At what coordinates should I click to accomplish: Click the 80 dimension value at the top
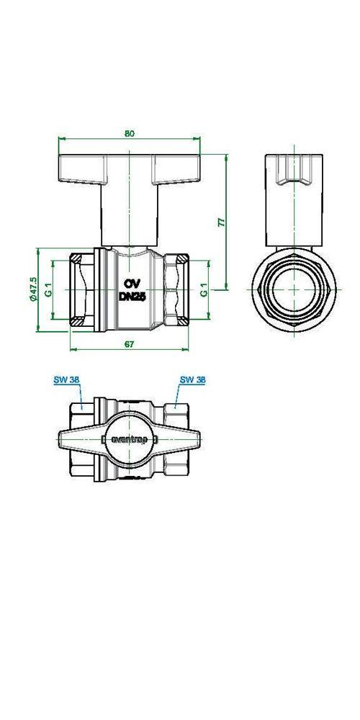pyautogui.click(x=130, y=134)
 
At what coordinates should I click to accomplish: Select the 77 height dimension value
pyautogui.click(x=221, y=222)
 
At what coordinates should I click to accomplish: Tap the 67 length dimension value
pyautogui.click(x=130, y=344)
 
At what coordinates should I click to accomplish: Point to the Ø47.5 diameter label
pyautogui.click(x=32, y=289)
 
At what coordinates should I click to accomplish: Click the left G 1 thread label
pyautogui.click(x=48, y=289)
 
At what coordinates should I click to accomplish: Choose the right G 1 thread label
pyautogui.click(x=204, y=289)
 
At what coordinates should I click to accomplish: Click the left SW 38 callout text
pyautogui.click(x=67, y=379)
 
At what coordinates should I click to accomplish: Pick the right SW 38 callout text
pyautogui.click(x=192, y=379)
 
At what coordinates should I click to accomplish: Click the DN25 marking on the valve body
pyautogui.click(x=132, y=297)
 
